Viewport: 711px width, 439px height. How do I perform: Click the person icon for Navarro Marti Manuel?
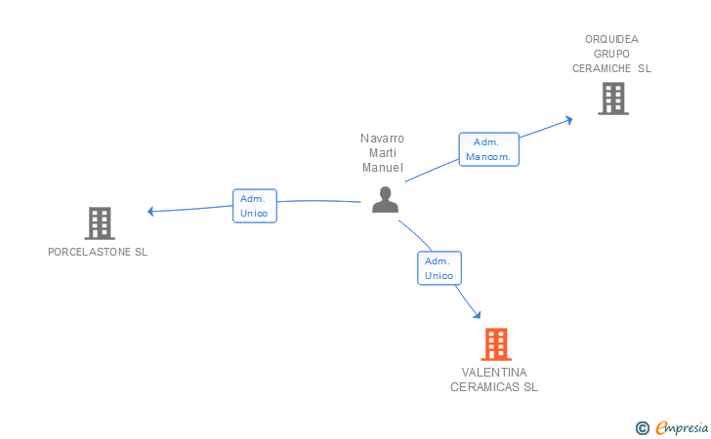pyautogui.click(x=386, y=200)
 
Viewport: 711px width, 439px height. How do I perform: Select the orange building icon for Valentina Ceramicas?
pyautogui.click(x=496, y=343)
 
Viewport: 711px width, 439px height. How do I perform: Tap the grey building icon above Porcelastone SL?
pyautogui.click(x=100, y=223)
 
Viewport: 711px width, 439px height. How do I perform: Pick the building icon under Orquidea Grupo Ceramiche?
pyautogui.click(x=612, y=99)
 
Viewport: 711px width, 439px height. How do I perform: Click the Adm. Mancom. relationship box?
pyautogui.click(x=489, y=149)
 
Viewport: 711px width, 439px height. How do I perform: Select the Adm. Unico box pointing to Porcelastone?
pyautogui.click(x=255, y=206)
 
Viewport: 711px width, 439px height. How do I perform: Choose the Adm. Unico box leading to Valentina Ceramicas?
pyautogui.click(x=439, y=268)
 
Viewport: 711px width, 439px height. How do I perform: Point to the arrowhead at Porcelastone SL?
pyautogui.click(x=150, y=211)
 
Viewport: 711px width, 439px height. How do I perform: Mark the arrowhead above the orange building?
pyautogui.click(x=477, y=314)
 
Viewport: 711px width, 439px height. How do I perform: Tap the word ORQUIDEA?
pyautogui.click(x=611, y=39)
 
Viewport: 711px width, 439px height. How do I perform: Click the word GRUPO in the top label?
pyautogui.click(x=611, y=54)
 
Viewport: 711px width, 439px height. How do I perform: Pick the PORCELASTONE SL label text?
pyautogui.click(x=98, y=252)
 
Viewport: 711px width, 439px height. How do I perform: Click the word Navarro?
pyautogui.click(x=382, y=139)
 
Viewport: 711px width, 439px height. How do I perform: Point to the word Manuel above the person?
pyautogui.click(x=382, y=168)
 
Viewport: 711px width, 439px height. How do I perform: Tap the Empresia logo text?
pyautogui.click(x=683, y=427)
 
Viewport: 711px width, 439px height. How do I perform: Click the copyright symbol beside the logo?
pyautogui.click(x=643, y=427)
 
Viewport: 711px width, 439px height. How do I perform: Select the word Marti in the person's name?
pyautogui.click(x=382, y=153)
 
